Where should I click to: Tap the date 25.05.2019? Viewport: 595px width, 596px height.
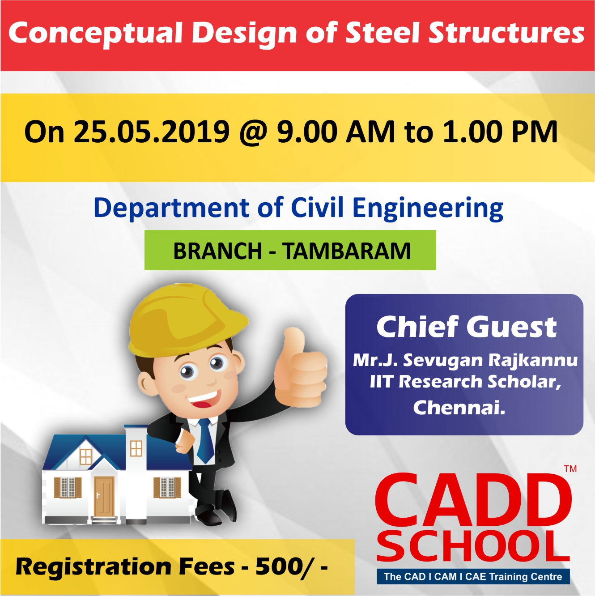pyautogui.click(x=152, y=132)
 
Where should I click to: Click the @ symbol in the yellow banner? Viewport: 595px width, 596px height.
pyautogui.click(x=252, y=132)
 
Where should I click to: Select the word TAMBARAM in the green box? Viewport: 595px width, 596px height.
pyautogui.click(x=346, y=251)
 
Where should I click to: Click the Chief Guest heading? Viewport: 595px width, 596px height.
pyautogui.click(x=466, y=327)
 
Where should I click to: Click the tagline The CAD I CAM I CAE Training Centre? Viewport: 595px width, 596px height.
pyautogui.click(x=473, y=576)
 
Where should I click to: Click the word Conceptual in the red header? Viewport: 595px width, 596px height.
pyautogui.click(x=95, y=34)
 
